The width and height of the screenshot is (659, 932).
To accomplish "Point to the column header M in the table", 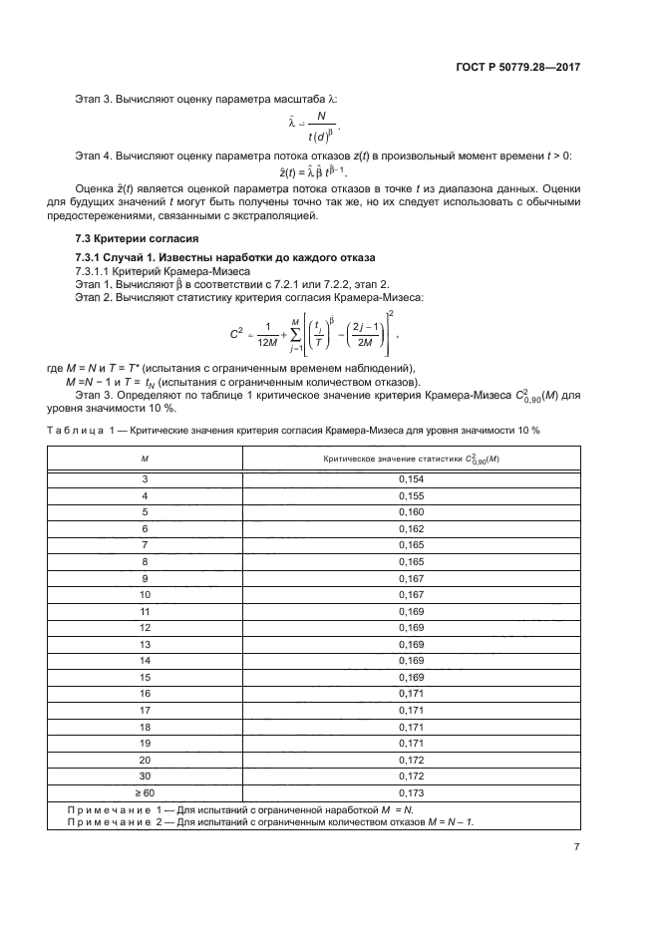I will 145,459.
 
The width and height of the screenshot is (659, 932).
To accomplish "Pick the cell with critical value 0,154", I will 412,479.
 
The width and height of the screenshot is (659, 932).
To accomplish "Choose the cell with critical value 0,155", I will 412,495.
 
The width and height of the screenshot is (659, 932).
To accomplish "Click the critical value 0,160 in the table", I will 412,512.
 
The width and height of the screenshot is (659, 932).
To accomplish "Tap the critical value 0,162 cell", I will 412,528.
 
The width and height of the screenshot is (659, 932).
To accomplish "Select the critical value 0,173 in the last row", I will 412,792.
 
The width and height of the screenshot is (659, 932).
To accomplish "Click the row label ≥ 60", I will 145,792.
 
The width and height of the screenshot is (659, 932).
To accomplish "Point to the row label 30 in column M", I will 145,776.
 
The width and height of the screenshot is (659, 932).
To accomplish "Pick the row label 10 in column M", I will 145,594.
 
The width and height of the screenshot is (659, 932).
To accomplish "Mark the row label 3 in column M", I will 145,479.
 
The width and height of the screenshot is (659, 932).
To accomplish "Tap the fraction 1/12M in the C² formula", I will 268,336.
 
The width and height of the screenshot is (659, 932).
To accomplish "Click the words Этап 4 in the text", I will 96,157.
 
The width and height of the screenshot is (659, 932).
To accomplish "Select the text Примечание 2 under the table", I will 115,821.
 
